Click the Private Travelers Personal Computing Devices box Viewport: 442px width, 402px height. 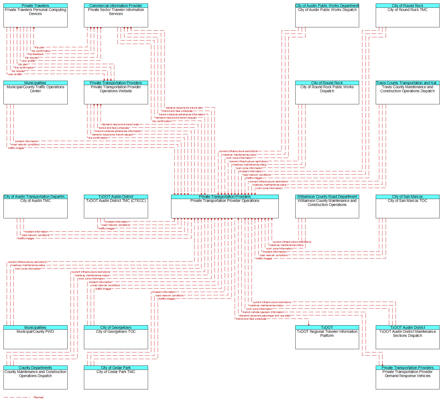(x=35, y=15)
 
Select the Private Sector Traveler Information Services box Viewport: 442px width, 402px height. (x=116, y=15)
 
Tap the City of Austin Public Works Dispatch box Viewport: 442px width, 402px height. (x=327, y=15)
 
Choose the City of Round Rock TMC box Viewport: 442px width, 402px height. (x=407, y=15)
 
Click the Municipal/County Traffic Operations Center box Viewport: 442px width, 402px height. (x=35, y=93)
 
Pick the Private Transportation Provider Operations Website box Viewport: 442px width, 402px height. (x=116, y=93)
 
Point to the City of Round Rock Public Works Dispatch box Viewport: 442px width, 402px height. (x=327, y=93)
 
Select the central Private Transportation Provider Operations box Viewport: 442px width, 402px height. (x=225, y=206)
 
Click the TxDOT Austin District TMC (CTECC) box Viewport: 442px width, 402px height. (x=116, y=206)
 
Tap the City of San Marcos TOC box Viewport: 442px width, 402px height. (x=407, y=206)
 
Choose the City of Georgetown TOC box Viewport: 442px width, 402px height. (x=116, y=337)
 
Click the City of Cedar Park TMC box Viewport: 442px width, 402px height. (x=116, y=377)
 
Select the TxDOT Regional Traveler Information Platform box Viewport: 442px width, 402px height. (x=327, y=337)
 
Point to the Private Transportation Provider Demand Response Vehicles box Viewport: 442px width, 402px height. (x=407, y=377)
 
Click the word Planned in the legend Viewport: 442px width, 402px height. (x=39, y=397)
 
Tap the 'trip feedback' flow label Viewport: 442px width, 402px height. (x=36, y=54)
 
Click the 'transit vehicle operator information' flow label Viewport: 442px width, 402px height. (x=263, y=312)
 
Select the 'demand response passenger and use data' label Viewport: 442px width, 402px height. (x=265, y=316)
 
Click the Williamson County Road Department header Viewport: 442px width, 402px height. (x=327, y=197)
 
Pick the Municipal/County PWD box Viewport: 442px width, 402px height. (x=35, y=337)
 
